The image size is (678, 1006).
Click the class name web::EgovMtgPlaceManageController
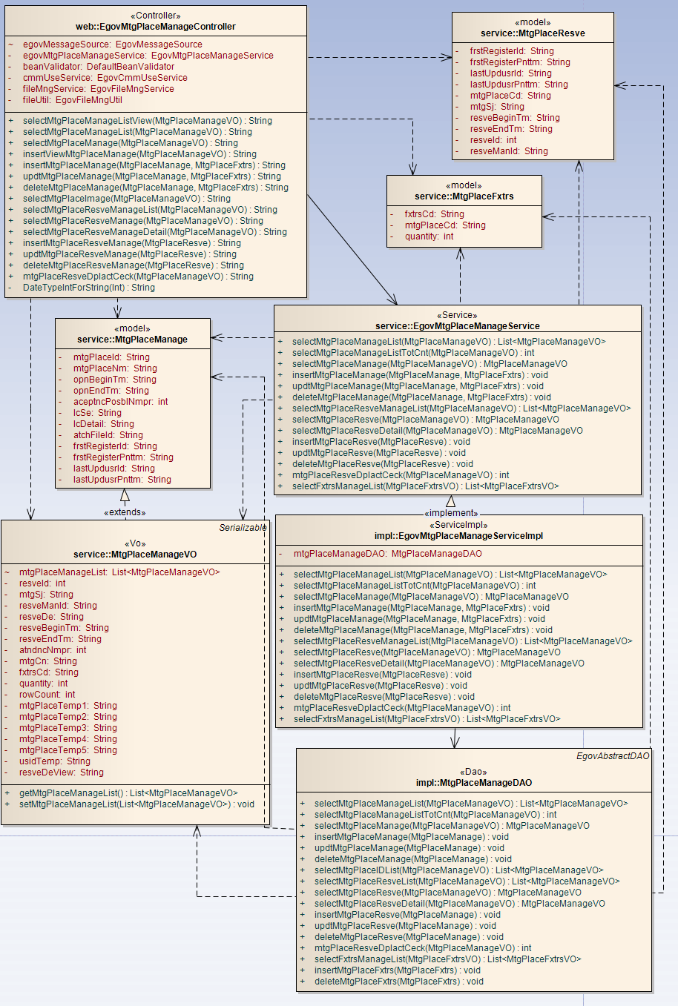tap(155, 27)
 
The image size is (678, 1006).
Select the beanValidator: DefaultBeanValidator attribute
tap(99, 67)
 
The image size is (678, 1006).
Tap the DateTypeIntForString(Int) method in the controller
tap(88, 288)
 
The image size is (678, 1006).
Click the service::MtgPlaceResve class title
tap(533, 33)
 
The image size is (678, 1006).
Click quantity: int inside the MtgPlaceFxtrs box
tap(429, 236)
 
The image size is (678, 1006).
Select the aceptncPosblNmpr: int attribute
tap(120, 402)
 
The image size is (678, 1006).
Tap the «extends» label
tap(125, 512)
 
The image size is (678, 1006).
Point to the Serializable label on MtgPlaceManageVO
tap(243, 528)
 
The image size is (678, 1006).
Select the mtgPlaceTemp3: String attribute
tap(68, 728)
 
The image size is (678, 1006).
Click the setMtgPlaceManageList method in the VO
tap(136, 804)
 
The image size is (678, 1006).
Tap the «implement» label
tap(451, 513)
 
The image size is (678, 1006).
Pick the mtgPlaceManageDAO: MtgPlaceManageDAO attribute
tap(387, 554)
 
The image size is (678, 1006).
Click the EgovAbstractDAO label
tap(613, 756)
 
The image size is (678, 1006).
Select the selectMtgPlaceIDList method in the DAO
tap(458, 870)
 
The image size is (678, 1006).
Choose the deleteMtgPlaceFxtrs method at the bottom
tap(398, 982)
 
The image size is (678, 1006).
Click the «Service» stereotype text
tap(457, 315)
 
